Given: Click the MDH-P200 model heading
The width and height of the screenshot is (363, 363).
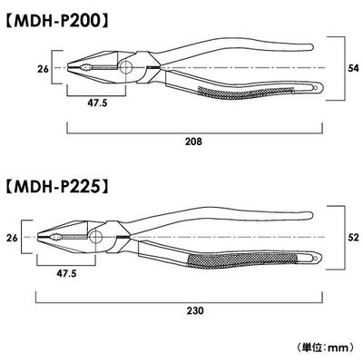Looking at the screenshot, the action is (x=56, y=21).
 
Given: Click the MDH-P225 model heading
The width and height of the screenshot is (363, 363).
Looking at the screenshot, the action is (x=56, y=187).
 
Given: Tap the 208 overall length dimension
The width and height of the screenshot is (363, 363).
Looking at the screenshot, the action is (x=194, y=142).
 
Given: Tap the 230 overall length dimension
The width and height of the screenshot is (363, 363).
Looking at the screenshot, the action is (x=195, y=310).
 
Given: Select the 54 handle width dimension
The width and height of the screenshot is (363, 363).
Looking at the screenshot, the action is (x=353, y=68).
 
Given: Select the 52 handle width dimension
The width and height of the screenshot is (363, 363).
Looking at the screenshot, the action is (x=353, y=237).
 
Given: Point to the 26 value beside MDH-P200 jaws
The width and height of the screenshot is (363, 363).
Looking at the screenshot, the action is (x=43, y=69).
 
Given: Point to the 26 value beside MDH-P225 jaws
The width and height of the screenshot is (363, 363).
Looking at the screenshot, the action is (x=12, y=238).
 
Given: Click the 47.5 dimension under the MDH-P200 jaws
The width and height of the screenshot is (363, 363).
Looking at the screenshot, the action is (x=97, y=103).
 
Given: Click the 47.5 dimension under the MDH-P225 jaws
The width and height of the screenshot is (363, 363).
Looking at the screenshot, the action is (x=66, y=273).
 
